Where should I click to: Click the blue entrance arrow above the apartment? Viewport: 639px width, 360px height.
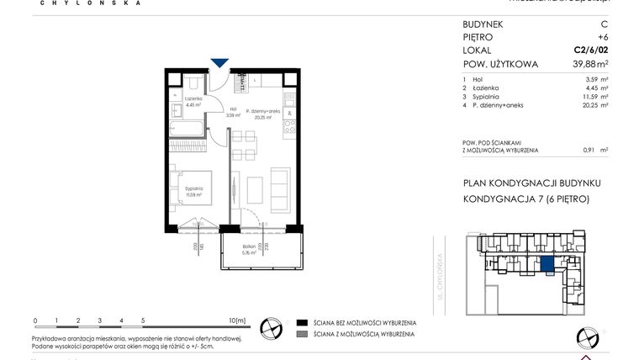[x=219, y=62]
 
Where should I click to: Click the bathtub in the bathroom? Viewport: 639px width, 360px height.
[x=186, y=130]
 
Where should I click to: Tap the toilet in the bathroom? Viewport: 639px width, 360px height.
[x=193, y=82]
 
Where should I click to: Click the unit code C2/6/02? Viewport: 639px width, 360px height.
[x=590, y=50]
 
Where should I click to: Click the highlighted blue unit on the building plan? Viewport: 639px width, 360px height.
[x=547, y=266]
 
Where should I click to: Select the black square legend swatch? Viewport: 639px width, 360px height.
[x=301, y=322]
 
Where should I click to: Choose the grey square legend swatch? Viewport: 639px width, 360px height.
[x=301, y=335]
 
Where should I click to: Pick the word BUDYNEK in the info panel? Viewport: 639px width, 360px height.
[x=483, y=24]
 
